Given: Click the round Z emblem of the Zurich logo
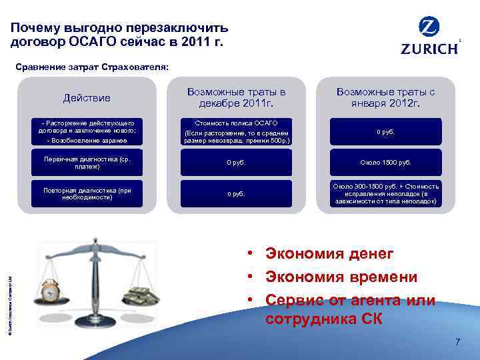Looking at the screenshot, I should (x=429, y=27).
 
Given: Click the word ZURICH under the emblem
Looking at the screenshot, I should (x=429, y=48).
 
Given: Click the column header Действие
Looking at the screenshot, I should (x=87, y=98).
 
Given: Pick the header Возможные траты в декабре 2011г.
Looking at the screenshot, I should (x=236, y=97).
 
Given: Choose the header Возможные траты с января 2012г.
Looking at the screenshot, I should (x=385, y=97).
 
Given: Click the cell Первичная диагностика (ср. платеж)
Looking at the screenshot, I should (x=87, y=163).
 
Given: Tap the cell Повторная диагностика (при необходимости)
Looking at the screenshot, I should (x=87, y=193).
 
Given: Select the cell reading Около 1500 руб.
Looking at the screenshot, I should (x=386, y=163).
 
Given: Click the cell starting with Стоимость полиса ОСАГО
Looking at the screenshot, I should (x=236, y=131).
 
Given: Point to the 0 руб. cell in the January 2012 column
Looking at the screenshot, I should (x=386, y=131).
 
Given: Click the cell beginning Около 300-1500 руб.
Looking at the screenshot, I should (x=386, y=193).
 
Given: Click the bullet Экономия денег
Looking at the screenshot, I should (x=329, y=253).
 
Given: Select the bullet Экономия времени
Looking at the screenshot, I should (x=341, y=277).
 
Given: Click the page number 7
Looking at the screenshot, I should (x=457, y=342).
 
